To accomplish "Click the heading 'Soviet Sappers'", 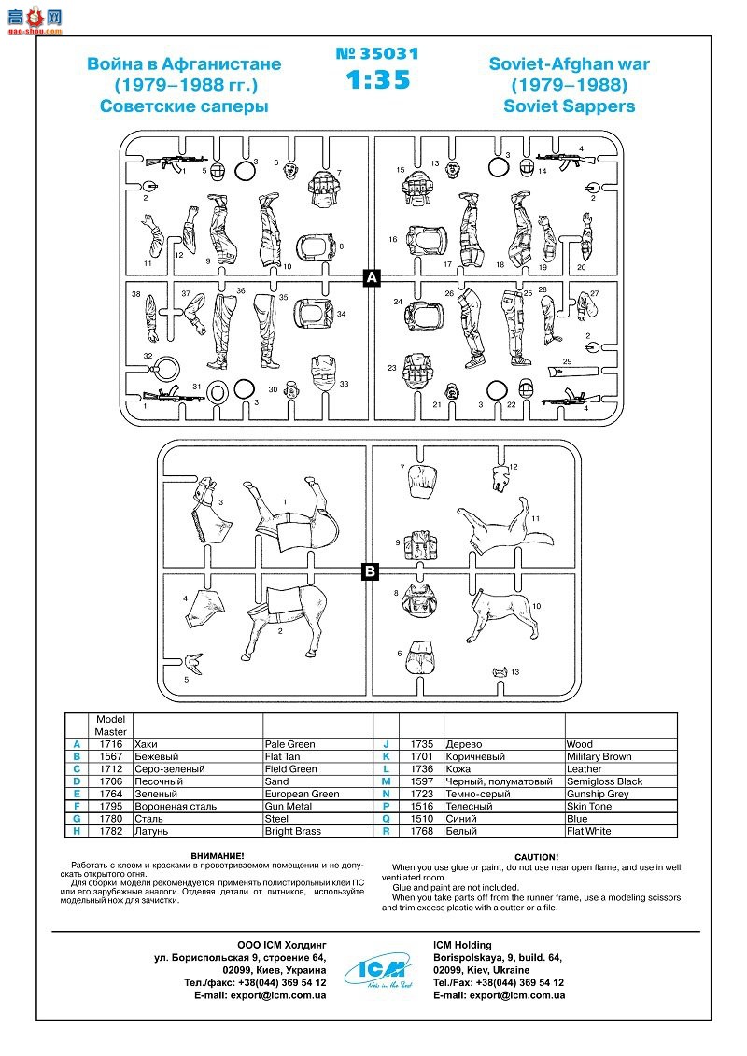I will tap(569, 106).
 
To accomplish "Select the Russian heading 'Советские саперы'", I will tap(184, 106).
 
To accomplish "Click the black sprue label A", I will tap(371, 277).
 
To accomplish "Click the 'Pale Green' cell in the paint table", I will tap(289, 744).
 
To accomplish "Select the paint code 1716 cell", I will tap(110, 744).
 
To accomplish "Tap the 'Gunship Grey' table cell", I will tap(598, 794).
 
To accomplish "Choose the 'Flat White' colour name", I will tap(588, 831).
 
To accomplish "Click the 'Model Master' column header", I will tap(110, 725).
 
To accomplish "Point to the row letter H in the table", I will tap(76, 831).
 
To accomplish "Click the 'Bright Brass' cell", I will tap(292, 831).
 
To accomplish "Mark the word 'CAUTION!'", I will tap(536, 857).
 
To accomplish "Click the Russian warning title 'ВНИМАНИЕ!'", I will tap(218, 855).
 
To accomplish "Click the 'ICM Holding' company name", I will tap(462, 945).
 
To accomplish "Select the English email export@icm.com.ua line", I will tap(499, 995).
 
